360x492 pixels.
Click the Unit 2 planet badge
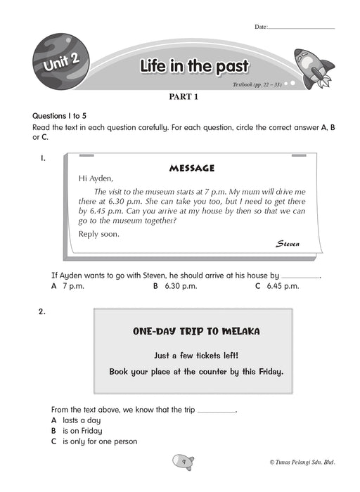pos(61,62)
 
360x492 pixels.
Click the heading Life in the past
pos(194,66)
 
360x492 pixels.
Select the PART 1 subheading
pos(184,97)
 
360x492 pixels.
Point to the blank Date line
pos(302,29)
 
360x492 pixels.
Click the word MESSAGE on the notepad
pos(192,168)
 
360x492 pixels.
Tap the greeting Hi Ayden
pos(96,179)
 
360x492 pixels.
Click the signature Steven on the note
pos(288,244)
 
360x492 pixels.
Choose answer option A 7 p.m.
pos(67,286)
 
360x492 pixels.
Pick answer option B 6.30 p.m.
pos(175,286)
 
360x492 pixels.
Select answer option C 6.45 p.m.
pos(277,286)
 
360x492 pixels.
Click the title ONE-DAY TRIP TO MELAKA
pos(196,331)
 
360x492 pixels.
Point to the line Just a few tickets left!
pos(196,356)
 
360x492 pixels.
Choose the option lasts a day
pos(76,420)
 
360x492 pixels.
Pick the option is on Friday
pos(77,431)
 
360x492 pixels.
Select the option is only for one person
pos(94,441)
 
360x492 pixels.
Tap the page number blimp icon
pos(184,462)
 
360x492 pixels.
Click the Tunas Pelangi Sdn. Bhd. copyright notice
pos(302,462)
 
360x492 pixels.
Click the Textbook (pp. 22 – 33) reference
pos(257,84)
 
